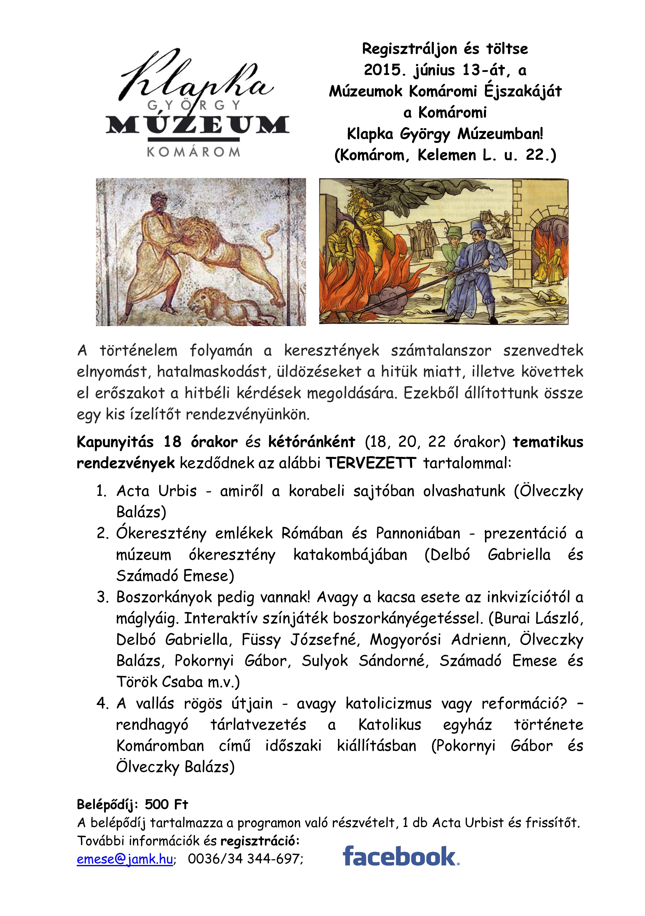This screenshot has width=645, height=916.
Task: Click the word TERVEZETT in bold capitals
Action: click(x=371, y=463)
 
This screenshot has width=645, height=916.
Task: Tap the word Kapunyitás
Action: click(x=115, y=442)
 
